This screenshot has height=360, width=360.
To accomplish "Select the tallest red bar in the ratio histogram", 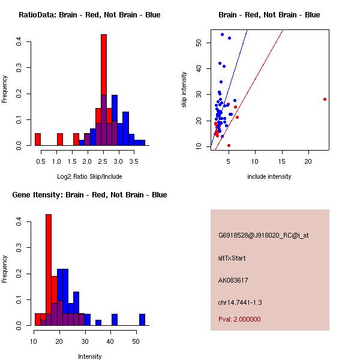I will pyautogui.click(x=104, y=90).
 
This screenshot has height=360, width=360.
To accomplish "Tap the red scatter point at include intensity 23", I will pyautogui.click(x=325, y=99).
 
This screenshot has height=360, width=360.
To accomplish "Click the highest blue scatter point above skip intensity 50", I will pyautogui.click(x=222, y=34).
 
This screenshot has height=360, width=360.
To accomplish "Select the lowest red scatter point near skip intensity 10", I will pyautogui.click(x=229, y=145).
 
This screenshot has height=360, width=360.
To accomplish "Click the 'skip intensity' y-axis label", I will pyautogui.click(x=184, y=90).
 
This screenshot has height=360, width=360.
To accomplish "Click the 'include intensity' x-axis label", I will pyautogui.click(x=269, y=176).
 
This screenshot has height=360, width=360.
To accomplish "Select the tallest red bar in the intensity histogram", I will pyautogui.click(x=49, y=270).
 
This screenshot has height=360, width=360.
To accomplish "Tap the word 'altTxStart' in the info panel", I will pyautogui.click(x=232, y=258).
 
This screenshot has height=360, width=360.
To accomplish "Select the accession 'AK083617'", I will pyautogui.click(x=233, y=280).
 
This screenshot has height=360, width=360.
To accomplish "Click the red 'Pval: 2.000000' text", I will pyautogui.click(x=239, y=319).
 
